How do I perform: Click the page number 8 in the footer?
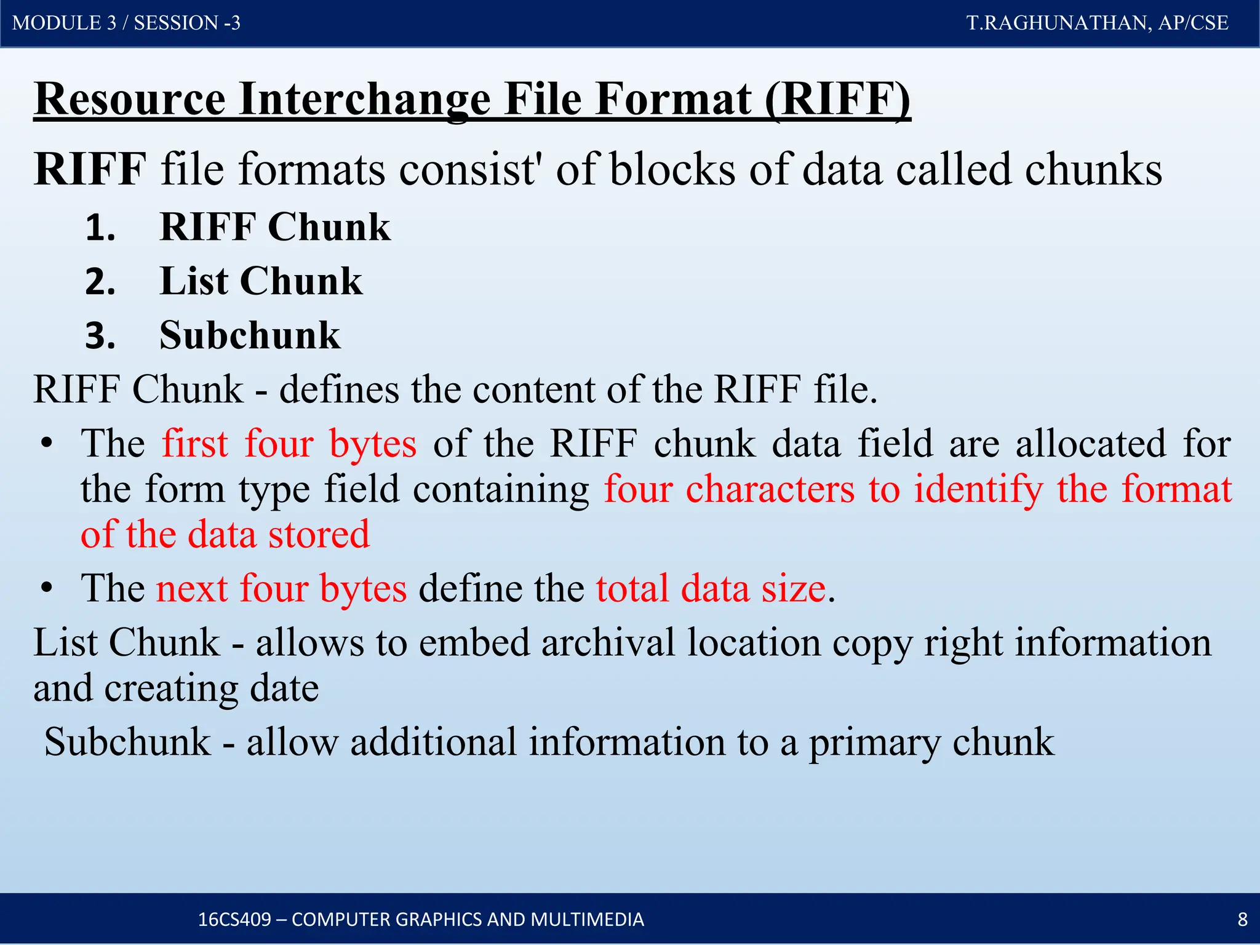click(x=1242, y=919)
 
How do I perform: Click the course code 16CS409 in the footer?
click(x=234, y=919)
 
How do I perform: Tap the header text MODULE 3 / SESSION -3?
click(x=126, y=23)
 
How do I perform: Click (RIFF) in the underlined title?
click(x=837, y=99)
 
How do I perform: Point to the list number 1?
click(x=100, y=228)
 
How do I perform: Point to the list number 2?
click(x=100, y=282)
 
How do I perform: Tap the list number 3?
click(x=100, y=337)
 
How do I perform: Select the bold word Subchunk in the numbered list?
click(x=250, y=336)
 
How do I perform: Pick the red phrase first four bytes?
click(x=289, y=444)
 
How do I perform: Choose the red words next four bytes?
click(x=281, y=589)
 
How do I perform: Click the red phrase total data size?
click(x=711, y=589)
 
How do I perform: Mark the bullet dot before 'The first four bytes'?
click(x=46, y=444)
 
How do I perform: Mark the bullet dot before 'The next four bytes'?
click(x=46, y=589)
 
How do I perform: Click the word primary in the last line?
click(x=874, y=742)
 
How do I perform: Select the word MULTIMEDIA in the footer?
click(x=587, y=919)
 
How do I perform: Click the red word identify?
click(x=978, y=490)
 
